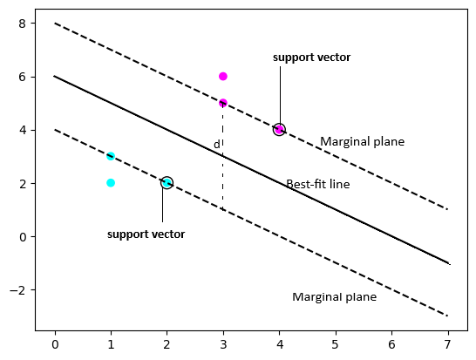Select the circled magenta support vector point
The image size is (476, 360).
pos(279,129)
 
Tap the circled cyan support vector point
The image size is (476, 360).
pos(167,183)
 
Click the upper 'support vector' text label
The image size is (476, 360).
pos(311,58)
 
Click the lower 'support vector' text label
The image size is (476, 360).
pos(146,234)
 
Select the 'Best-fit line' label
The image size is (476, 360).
pos(318,184)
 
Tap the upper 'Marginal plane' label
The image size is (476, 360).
pos(362,141)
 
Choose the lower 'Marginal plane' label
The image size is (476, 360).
pos(334,296)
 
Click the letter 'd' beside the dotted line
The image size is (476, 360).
pos(217,144)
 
